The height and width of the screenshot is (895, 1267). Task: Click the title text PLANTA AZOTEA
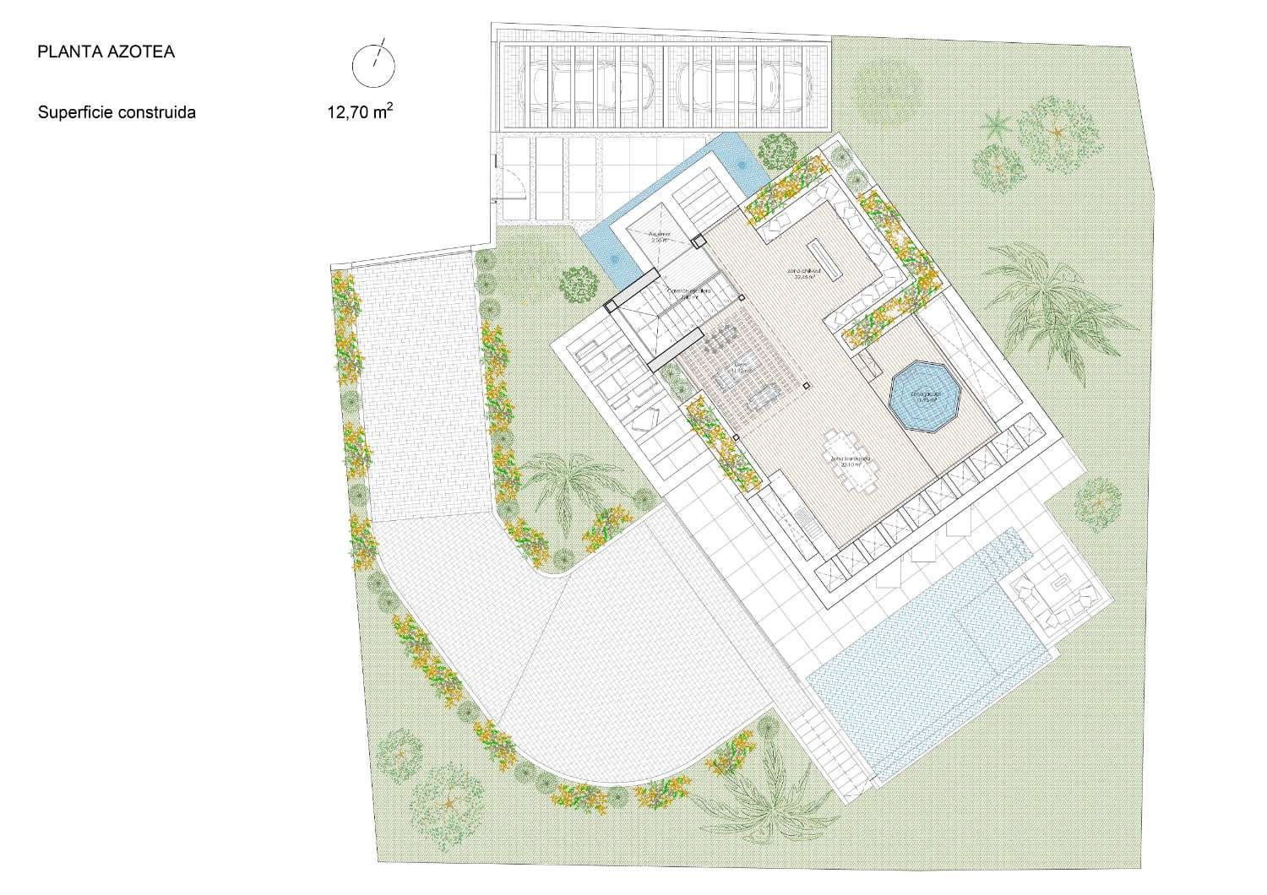106,52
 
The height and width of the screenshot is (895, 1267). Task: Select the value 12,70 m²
360,111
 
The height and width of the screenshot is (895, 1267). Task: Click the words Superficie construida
117,112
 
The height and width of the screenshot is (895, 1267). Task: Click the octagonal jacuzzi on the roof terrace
926,397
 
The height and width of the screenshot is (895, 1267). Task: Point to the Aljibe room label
659,236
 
